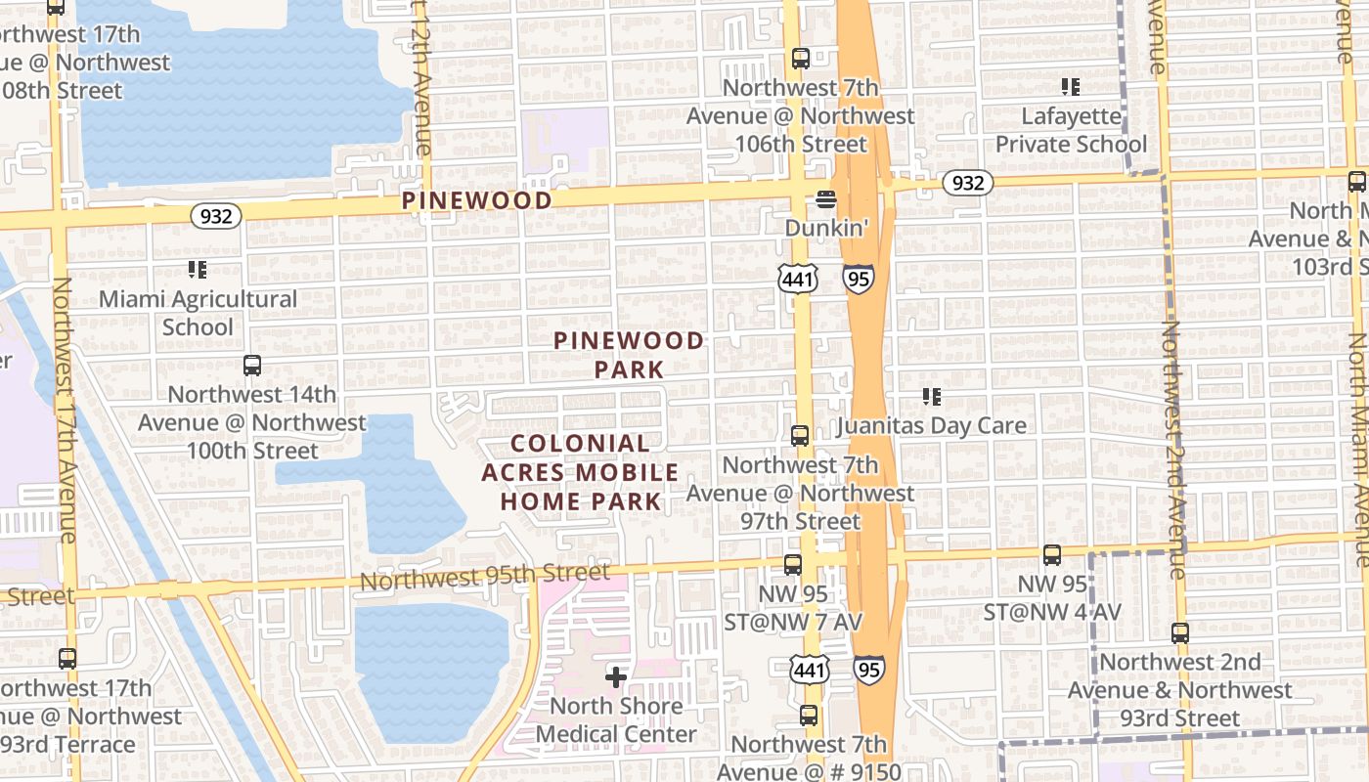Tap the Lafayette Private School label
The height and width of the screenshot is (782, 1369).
pos(1071,130)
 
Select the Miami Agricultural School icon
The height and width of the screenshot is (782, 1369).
pos(198,269)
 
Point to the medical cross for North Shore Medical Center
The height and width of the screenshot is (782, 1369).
pos(616,675)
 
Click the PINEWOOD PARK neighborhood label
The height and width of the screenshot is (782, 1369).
pos(629,355)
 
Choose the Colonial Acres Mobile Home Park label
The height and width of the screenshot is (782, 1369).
pos(581,472)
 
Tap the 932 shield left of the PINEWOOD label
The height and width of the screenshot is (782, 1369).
pos(215,215)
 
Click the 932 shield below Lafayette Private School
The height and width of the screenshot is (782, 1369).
pos(967,183)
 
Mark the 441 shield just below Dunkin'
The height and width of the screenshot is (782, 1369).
pos(798,280)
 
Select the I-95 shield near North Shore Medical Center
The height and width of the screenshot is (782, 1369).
pos(869,670)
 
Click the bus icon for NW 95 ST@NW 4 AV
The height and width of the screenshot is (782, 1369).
pos(1051,555)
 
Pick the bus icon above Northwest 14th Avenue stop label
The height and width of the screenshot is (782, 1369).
pos(252,366)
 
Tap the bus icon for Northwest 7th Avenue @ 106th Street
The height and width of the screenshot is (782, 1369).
pos(800,59)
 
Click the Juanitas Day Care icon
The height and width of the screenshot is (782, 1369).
pos(932,397)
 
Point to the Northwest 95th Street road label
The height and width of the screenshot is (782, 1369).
pos(484,577)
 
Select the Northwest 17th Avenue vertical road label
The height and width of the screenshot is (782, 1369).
pos(65,411)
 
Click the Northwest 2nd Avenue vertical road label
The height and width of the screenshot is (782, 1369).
pos(1173,450)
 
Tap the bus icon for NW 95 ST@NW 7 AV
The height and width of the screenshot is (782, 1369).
pos(792,564)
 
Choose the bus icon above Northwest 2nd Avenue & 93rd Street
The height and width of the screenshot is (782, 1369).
pos(1180,633)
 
